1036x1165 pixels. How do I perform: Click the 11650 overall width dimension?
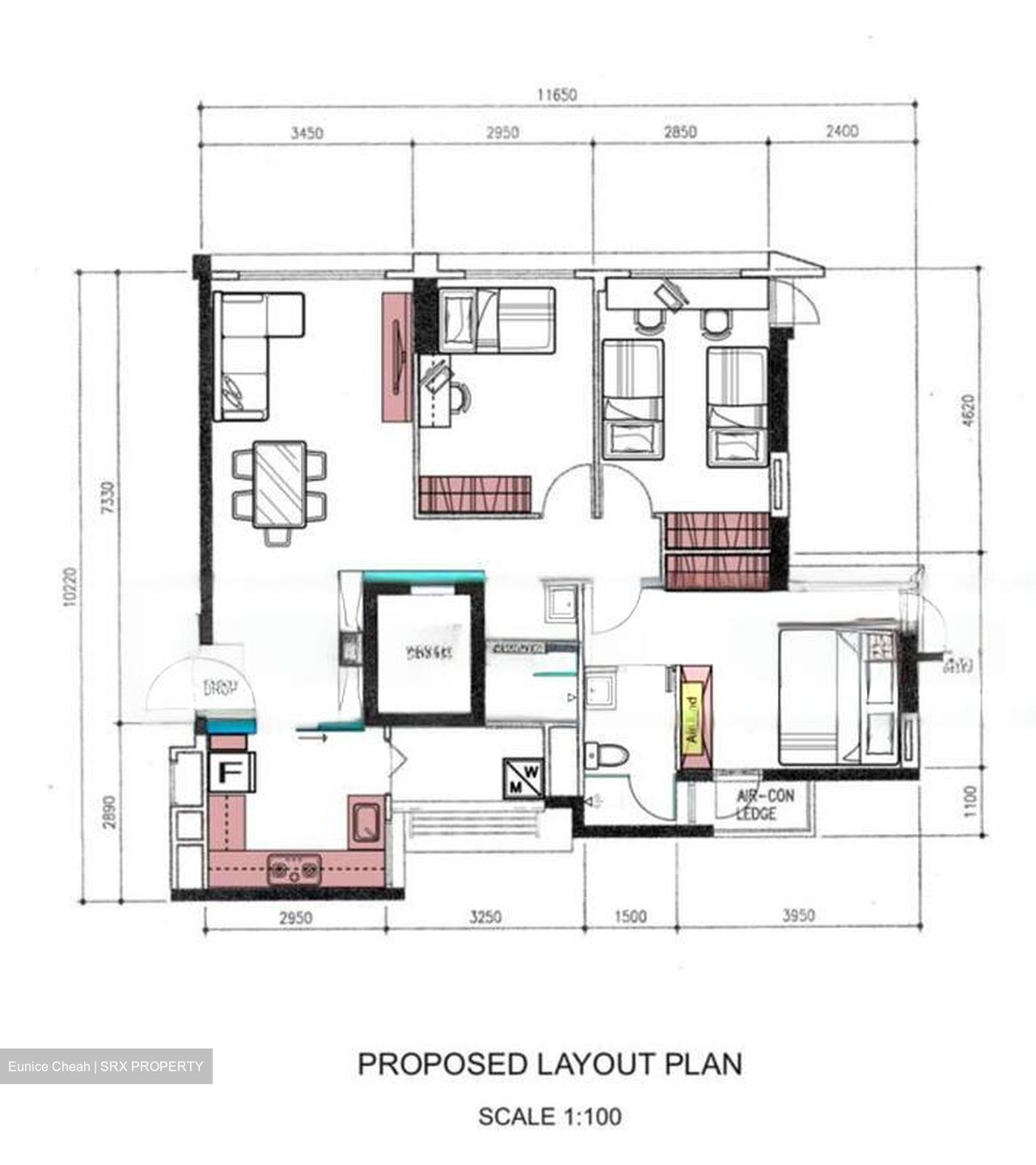click(x=557, y=95)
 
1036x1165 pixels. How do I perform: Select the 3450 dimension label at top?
click(x=307, y=133)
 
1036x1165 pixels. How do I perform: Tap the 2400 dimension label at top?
click(x=841, y=131)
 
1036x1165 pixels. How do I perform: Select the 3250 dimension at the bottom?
click(x=485, y=917)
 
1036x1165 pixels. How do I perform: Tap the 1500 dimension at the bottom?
click(x=631, y=917)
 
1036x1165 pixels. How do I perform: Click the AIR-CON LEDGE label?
click(x=765, y=804)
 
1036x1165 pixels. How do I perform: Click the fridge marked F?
click(x=231, y=772)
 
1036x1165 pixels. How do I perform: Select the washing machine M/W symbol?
click(x=523, y=777)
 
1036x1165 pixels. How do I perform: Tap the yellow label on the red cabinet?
click(x=691, y=718)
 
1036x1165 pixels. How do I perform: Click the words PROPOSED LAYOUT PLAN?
click(x=550, y=1064)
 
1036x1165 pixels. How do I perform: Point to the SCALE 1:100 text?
click(x=550, y=1116)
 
